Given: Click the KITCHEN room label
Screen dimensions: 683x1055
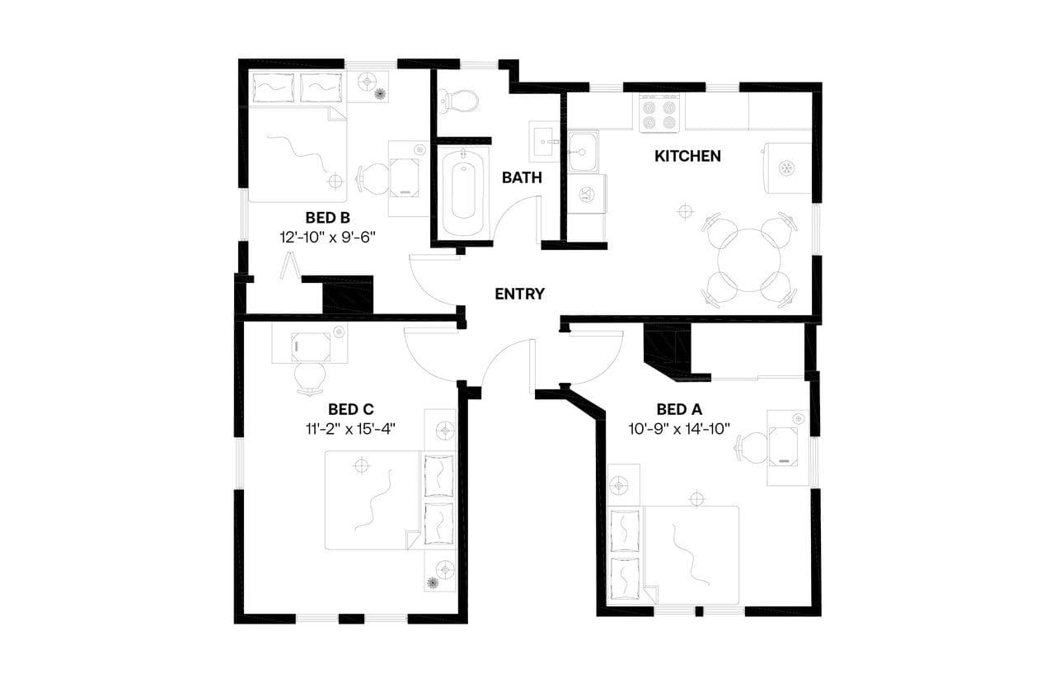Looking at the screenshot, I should [x=687, y=156].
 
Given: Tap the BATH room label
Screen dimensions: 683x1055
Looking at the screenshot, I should [x=521, y=177].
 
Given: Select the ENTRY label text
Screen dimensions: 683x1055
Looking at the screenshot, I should [x=519, y=294].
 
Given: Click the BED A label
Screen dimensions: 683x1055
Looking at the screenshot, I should [x=679, y=409].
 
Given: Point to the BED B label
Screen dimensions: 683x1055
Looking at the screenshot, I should [x=328, y=218].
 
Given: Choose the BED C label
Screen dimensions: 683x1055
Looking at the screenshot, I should [x=351, y=409].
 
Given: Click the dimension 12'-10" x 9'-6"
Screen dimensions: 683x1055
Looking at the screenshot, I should [x=333, y=237].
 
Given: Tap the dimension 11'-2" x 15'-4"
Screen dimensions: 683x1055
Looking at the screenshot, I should [x=351, y=428].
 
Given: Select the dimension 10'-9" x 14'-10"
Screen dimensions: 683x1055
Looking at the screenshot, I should [x=679, y=428].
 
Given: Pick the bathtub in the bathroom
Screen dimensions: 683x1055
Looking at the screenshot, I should [x=462, y=191].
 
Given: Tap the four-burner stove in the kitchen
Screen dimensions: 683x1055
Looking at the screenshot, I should [x=659, y=113].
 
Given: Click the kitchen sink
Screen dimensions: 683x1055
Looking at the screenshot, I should [x=582, y=151].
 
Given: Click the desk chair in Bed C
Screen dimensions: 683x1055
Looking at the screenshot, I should [x=310, y=376].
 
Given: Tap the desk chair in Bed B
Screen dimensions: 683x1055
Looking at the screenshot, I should [x=373, y=178].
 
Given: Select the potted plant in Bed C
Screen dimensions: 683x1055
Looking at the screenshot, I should [x=433, y=583].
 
